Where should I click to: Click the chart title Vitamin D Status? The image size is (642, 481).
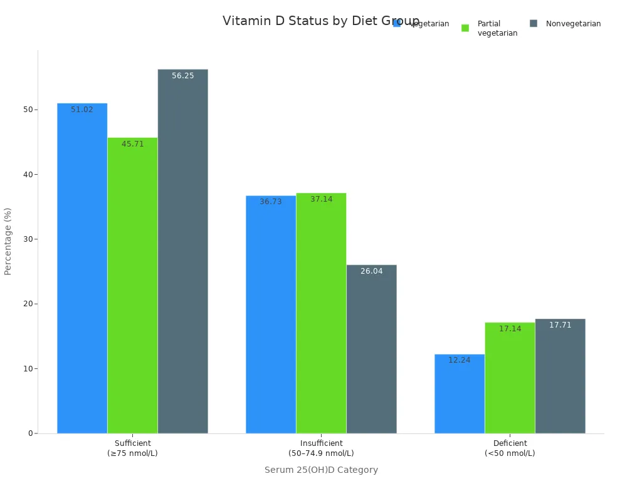point(320,21)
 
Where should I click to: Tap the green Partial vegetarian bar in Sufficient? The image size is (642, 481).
point(132,285)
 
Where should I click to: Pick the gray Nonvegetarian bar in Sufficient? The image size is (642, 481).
point(182,251)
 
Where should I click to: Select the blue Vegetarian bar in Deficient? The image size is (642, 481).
point(460,394)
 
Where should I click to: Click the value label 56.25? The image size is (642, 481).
point(183,76)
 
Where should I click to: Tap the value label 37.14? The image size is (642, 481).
point(322,199)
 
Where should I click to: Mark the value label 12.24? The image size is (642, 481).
point(460,360)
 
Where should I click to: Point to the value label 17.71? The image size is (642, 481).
point(560,325)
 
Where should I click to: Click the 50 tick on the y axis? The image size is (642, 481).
point(28,110)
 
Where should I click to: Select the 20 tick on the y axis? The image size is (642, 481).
point(28,304)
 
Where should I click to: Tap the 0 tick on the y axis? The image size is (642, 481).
point(30,433)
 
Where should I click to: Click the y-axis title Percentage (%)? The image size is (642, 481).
point(8,241)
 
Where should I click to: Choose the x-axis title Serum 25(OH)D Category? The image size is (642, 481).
point(321,470)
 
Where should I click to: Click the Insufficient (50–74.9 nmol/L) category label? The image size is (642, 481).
point(321,448)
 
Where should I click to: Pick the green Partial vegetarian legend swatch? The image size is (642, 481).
point(465,28)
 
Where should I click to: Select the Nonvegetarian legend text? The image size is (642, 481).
point(573,24)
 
